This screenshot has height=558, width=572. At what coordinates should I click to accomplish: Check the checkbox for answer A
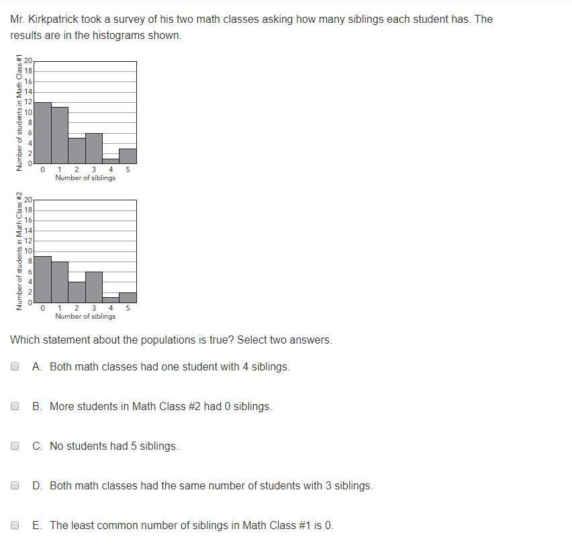15,366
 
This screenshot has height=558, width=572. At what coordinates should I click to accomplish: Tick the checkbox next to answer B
15,406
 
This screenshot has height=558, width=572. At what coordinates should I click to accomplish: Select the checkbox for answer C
15,446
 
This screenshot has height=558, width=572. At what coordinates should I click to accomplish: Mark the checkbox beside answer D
15,485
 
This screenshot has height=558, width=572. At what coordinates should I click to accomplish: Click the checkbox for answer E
15,525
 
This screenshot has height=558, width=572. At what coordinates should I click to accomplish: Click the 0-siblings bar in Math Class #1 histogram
42,133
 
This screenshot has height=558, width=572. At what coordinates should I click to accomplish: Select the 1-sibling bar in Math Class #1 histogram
60,135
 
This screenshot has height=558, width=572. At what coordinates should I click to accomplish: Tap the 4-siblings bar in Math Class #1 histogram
111,161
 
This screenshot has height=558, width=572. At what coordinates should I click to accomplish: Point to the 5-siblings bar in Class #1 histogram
128,156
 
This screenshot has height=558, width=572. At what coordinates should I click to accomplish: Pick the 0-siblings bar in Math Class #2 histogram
42,279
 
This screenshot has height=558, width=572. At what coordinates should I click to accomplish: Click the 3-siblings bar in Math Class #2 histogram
94,287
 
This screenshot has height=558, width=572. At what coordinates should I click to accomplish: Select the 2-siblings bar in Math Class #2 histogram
77,292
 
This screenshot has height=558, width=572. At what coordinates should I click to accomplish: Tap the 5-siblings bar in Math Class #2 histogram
128,297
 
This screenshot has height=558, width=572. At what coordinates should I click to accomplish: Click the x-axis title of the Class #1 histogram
85,177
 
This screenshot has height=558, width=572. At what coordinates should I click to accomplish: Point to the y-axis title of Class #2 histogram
19,250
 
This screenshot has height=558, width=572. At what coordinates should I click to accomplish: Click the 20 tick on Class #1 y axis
28,61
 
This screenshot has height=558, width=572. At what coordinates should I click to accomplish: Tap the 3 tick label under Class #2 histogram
94,308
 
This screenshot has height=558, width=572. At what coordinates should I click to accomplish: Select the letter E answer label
36,525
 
